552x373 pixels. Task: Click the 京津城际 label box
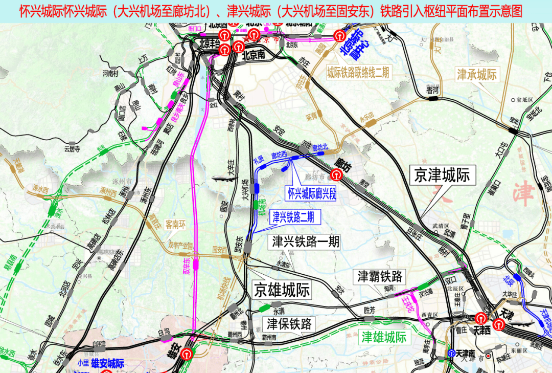pos(443,175)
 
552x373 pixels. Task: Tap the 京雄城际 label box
pos(282,291)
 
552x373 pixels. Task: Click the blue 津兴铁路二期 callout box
pos(293,217)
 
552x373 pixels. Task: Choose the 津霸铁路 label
pos(380,277)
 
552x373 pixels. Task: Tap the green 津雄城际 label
pos(384,337)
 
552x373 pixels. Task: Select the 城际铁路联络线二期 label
pos(358,73)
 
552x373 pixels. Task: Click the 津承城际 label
pos(476,75)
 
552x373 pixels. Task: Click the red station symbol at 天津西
pos(480,318)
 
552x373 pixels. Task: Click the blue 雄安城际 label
pos(107,364)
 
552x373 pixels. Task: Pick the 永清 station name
pos(279,311)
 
